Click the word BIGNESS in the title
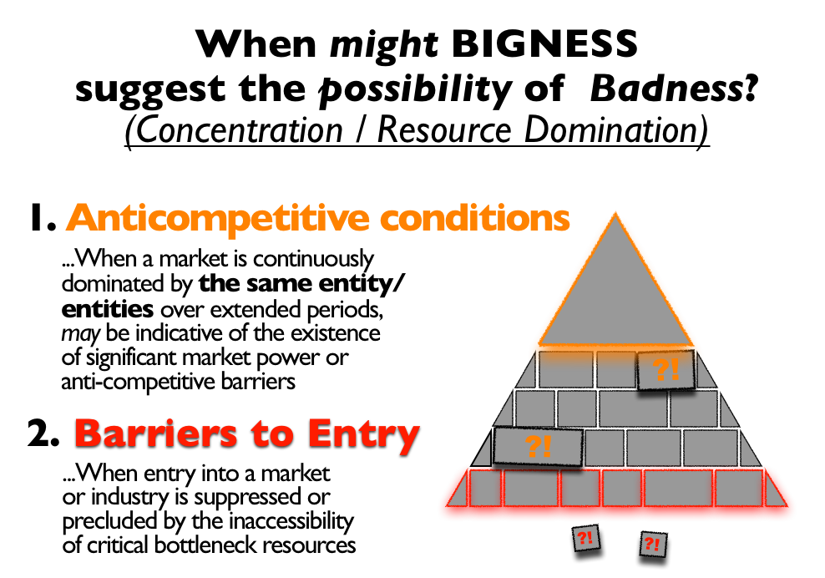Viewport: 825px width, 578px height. click(544, 43)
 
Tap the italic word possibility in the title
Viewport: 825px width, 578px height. click(415, 89)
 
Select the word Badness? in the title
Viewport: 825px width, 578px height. click(674, 88)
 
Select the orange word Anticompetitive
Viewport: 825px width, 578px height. click(218, 219)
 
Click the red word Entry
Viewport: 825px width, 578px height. click(363, 435)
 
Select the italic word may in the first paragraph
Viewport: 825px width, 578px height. click(80, 334)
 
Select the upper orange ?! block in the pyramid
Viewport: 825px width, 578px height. click(666, 370)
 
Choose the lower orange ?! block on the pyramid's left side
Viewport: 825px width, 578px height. click(538, 446)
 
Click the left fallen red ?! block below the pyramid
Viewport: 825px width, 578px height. click(585, 539)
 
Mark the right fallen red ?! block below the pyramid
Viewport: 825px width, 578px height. click(653, 545)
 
